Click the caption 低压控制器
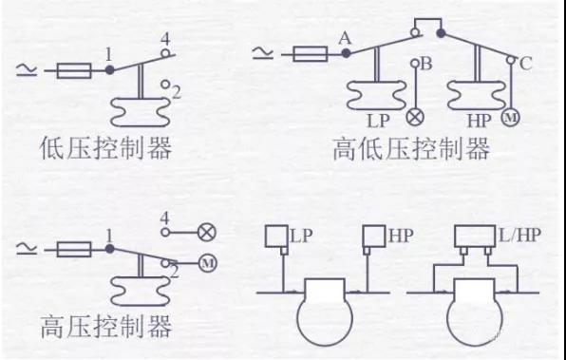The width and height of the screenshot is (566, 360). point(105,148)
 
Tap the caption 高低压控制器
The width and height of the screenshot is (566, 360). point(411,149)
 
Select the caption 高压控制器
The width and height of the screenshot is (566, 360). point(105,327)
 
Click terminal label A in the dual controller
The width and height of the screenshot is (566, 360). point(345,38)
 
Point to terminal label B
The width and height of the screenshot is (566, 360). point(426,64)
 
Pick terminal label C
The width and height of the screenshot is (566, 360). point(525,64)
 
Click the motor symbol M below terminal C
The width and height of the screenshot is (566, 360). point(511,118)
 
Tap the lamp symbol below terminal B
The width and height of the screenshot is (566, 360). point(415,118)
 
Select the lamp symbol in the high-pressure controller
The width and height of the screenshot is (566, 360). point(207,232)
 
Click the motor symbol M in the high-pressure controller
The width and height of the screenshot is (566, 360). point(208,263)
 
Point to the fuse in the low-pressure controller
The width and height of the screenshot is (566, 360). point(74,70)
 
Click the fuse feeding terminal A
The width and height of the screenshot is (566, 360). point(311,54)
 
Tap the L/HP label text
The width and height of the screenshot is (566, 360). point(519,236)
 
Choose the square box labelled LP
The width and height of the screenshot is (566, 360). point(277,237)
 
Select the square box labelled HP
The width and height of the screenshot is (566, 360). point(374,237)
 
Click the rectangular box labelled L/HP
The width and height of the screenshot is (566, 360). point(475,237)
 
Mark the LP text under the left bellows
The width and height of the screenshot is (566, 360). point(378,121)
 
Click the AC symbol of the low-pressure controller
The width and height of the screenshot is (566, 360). point(27,69)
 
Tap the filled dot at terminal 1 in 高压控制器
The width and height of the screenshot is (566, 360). point(110,249)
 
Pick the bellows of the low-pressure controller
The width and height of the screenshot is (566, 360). point(140,111)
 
